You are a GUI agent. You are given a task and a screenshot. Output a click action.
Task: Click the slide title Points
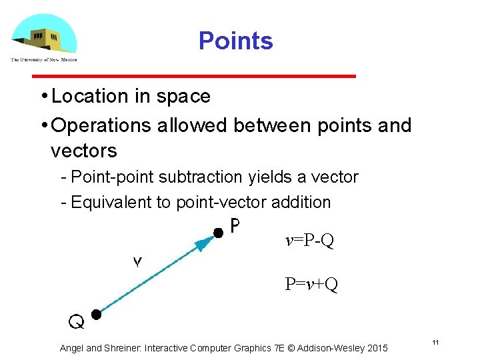coord(235,41)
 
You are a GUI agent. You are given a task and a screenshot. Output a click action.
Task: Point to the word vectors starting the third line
coord(83,151)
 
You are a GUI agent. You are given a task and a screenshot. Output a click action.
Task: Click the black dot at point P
coord(217,233)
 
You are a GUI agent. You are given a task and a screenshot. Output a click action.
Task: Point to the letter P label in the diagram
coord(235,227)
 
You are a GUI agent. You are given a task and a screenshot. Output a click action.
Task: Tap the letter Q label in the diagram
coord(77,323)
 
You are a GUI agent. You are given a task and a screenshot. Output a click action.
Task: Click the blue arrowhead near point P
coord(204,242)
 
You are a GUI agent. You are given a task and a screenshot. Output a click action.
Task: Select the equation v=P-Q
coord(309,241)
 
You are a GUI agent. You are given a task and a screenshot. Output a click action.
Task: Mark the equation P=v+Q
coord(311,285)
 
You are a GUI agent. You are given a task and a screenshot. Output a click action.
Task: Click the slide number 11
coord(435,342)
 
